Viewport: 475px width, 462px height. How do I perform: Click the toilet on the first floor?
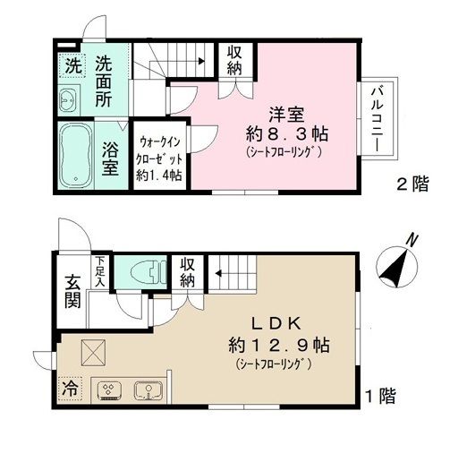(140, 269)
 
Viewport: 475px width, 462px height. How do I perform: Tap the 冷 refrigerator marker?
(69, 389)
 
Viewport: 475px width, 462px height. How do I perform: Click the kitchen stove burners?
(107, 390)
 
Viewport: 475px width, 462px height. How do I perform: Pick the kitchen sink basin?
(147, 390)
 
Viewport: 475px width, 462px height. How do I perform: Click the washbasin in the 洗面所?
(69, 100)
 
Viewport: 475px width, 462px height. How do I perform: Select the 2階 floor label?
(412, 185)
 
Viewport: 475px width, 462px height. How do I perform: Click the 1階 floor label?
(380, 394)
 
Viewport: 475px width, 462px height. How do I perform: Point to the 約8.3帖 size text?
(287, 134)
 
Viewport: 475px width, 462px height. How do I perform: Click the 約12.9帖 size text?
(285, 344)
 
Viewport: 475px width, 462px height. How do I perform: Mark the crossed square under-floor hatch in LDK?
(93, 353)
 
